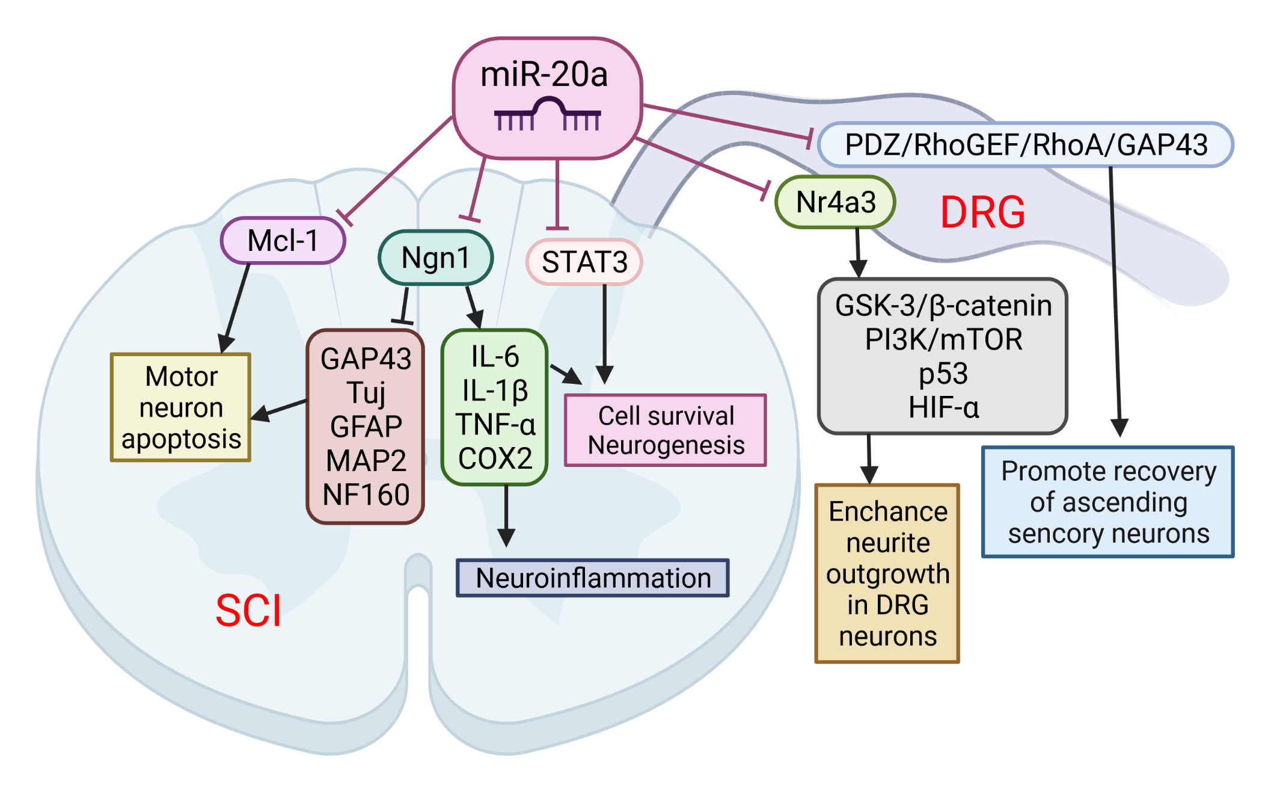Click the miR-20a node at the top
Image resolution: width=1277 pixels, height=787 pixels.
[547, 75]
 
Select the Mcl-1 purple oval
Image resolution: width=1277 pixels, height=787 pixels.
[283, 241]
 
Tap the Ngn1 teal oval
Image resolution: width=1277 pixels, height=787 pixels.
[435, 258]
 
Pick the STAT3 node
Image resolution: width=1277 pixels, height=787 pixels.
[584, 262]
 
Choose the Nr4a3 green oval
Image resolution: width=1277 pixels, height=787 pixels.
[836, 202]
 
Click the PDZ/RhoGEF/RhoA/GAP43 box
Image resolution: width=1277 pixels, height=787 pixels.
[1026, 145]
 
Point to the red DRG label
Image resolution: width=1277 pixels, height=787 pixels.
[982, 212]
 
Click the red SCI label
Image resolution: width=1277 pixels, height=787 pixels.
[248, 611]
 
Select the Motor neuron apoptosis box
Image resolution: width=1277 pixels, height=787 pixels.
[181, 407]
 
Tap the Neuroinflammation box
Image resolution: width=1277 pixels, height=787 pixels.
[593, 578]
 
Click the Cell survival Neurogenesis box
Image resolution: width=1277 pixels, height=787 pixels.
[666, 431]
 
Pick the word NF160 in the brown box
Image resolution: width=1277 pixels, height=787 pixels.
[366, 495]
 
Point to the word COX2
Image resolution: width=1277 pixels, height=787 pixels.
[495, 458]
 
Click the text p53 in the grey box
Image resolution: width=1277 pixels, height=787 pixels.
[943, 374]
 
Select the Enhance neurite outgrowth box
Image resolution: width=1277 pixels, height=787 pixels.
[887, 573]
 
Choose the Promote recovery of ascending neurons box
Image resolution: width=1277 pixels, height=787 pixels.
[1108, 502]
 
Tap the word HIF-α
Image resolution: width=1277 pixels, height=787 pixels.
[943, 408]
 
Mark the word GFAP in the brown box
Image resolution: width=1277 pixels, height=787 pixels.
[366, 427]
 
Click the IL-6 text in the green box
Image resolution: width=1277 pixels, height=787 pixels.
[495, 357]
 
